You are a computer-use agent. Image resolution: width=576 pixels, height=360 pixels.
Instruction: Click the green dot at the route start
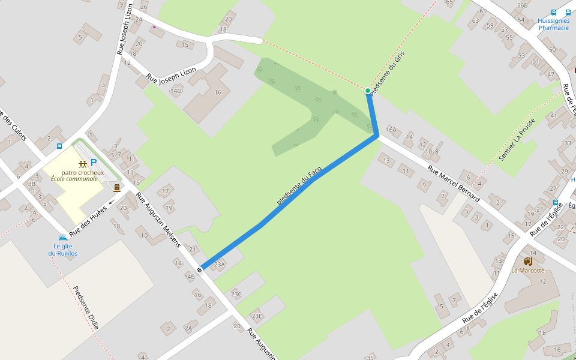tap(368, 91)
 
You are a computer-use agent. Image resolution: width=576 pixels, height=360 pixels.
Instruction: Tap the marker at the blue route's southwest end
tap(199, 269)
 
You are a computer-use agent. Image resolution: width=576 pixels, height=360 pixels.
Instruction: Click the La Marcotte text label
tap(528, 271)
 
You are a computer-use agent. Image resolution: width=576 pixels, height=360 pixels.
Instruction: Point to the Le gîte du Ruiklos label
tap(63, 250)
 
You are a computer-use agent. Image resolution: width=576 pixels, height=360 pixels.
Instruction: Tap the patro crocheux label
tap(82, 173)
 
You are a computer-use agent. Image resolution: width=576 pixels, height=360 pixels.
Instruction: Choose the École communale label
tap(74, 179)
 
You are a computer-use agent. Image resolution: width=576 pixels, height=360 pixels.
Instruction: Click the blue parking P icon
tap(94, 162)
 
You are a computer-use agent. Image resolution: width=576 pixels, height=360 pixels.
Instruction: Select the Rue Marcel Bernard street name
tap(454, 183)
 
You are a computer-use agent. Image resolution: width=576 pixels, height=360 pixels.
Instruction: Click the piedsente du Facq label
tap(299, 186)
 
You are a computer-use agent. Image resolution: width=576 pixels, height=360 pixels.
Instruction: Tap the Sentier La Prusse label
tap(517, 143)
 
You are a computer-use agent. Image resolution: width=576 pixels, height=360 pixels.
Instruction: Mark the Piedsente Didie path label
tap(85, 308)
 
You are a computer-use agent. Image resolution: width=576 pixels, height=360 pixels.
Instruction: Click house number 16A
tap(391, 129)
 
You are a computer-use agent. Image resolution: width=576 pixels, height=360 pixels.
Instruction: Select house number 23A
tap(219, 264)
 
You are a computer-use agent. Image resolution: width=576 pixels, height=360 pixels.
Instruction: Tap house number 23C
tap(236, 294)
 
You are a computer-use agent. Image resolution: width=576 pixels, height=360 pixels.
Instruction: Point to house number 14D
tap(176, 91)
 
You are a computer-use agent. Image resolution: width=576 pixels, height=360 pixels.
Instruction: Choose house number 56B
tap(522, 5)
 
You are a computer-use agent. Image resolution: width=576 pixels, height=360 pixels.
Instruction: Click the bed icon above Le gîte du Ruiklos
tap(62, 238)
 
